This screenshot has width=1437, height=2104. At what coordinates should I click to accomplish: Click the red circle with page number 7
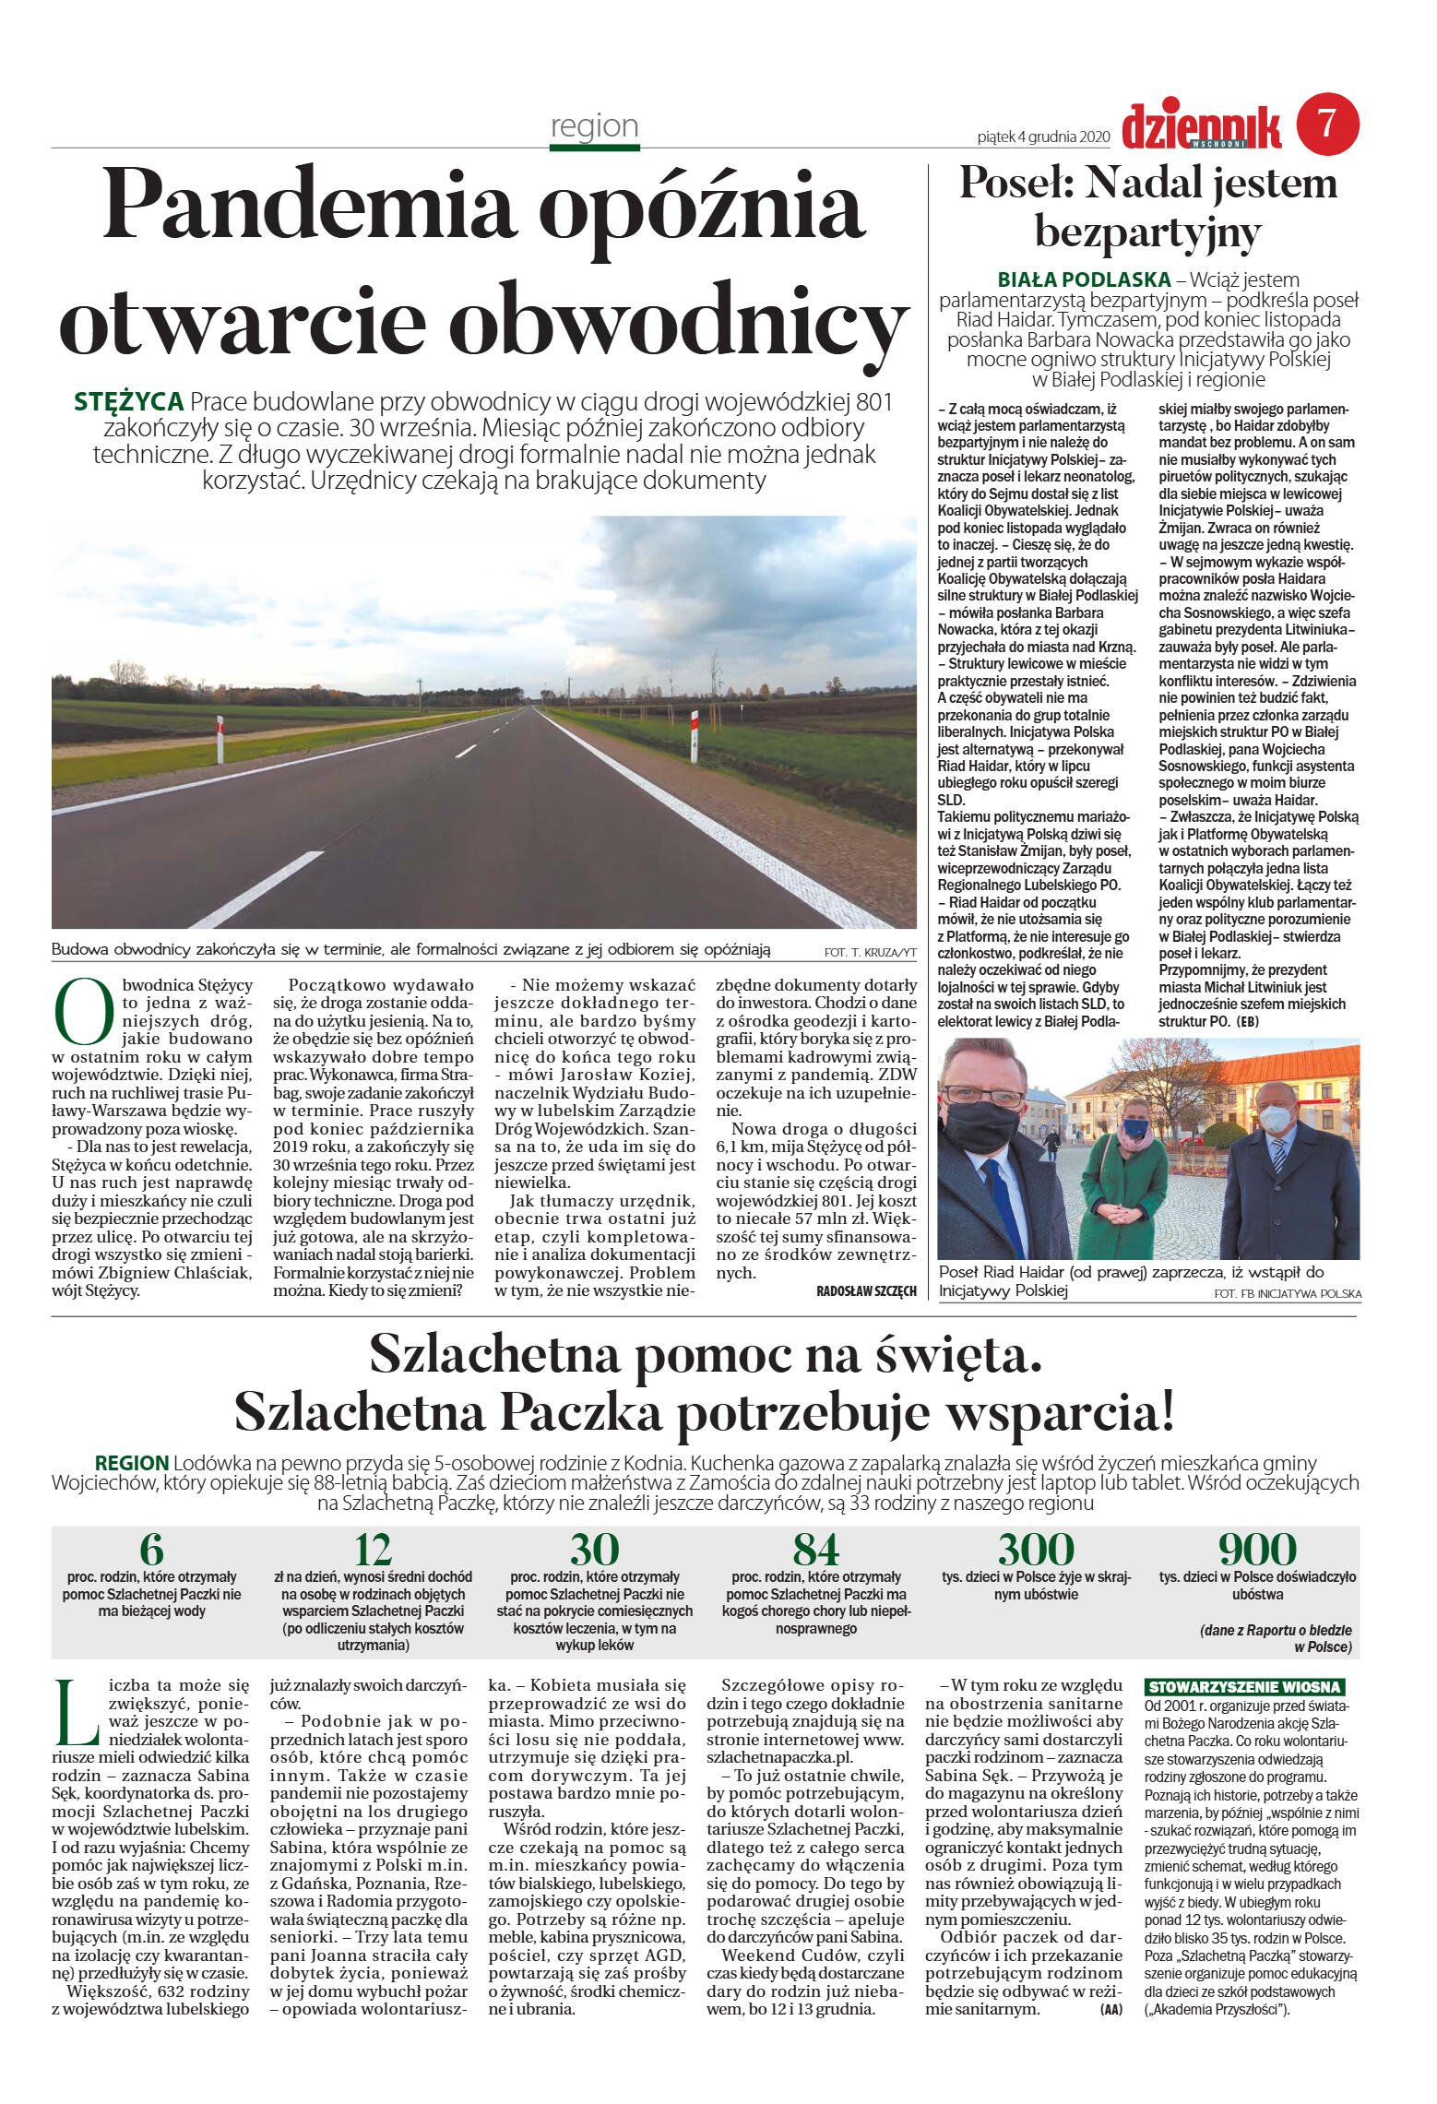click(1327, 124)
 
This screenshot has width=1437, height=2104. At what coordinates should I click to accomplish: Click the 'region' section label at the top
click(594, 125)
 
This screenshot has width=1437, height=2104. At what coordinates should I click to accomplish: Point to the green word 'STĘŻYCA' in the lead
click(128, 402)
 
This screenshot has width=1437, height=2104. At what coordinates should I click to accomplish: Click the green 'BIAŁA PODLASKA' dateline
click(1084, 279)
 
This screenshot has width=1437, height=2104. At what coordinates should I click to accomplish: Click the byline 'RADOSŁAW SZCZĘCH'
click(866, 1290)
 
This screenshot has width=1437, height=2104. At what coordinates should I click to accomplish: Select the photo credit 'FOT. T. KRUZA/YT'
click(870, 952)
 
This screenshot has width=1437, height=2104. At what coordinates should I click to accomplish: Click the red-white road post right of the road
click(694, 735)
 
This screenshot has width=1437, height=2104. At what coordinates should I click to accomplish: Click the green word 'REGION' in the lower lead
click(132, 1463)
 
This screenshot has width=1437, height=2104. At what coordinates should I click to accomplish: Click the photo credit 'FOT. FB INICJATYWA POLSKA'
click(1288, 1294)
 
